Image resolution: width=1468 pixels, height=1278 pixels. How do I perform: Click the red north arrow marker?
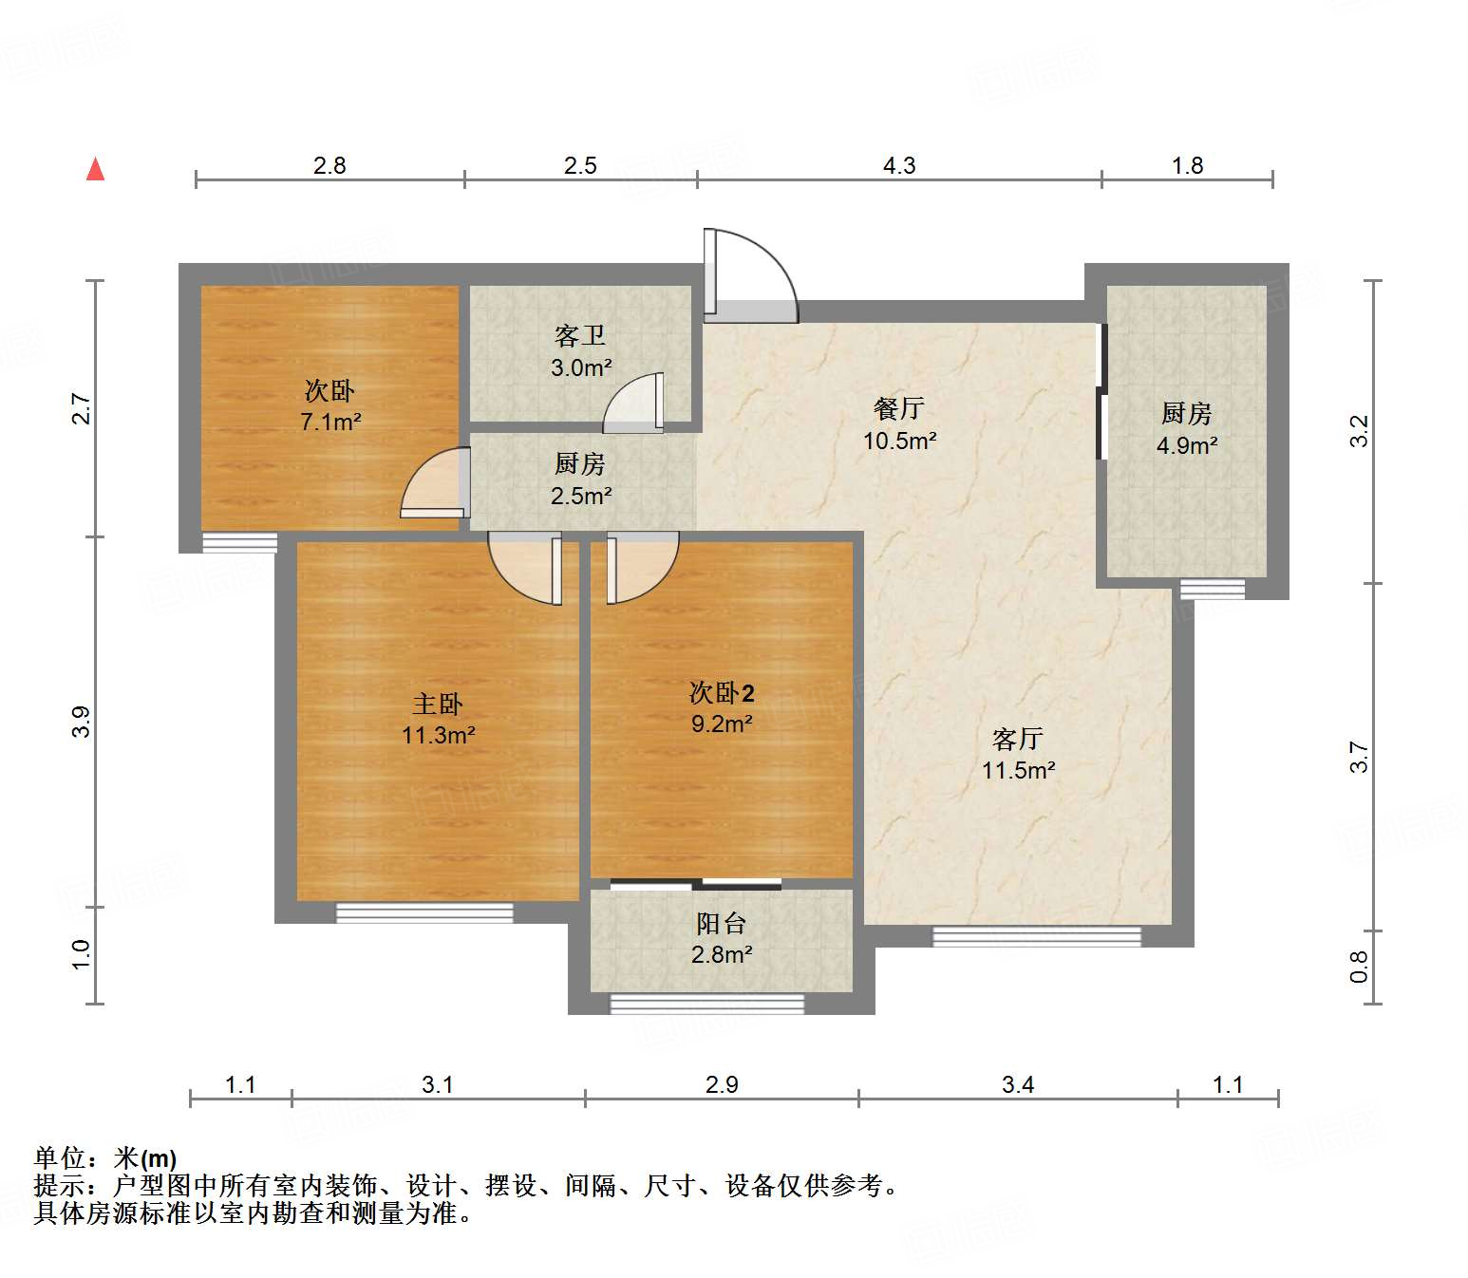point(95,170)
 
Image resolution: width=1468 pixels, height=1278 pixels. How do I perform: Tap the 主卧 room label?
point(438,704)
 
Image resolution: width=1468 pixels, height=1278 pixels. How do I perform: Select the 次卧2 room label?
point(722,692)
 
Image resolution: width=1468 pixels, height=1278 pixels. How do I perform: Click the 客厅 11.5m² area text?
point(1018,770)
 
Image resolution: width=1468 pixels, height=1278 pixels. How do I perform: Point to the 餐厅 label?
point(898,409)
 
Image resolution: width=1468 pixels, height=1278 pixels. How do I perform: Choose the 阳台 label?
point(722,923)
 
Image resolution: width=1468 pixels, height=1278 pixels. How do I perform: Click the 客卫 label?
point(580,336)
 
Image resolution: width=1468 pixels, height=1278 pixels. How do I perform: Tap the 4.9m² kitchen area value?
point(1186,445)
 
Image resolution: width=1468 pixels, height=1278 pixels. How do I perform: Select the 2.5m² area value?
point(581,496)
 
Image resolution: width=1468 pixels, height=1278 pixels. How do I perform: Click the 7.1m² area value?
point(330,423)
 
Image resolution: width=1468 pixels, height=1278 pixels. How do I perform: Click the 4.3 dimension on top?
point(899,166)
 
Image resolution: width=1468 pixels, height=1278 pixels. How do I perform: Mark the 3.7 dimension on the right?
point(1360,757)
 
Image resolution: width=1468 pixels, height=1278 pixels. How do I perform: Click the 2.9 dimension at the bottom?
point(722,1084)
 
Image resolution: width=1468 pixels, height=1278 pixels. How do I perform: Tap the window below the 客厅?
point(1037,937)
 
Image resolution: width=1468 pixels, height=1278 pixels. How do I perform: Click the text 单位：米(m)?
point(105,1158)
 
